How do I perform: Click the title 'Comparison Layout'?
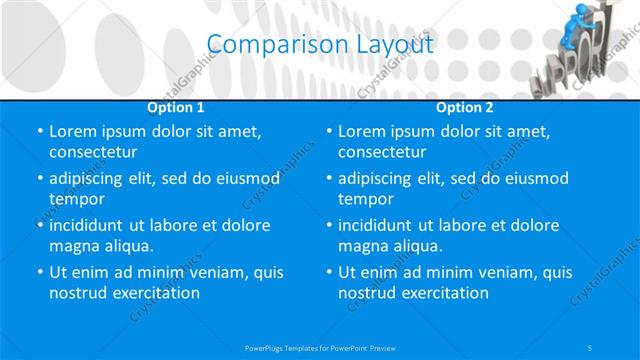tap(320, 44)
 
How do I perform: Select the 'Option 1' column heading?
tap(176, 106)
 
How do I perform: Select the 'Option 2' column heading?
tap(465, 106)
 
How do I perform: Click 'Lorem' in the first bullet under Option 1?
tap(73, 131)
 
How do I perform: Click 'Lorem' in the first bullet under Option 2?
tap(362, 131)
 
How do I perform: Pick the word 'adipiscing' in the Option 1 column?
tap(89, 178)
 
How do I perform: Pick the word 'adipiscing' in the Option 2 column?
tap(378, 178)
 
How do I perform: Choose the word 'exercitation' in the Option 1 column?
tap(155, 293)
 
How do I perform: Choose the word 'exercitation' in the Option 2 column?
tap(444, 293)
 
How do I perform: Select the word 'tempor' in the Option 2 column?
tap(365, 199)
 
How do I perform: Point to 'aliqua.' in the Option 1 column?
tap(126, 246)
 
